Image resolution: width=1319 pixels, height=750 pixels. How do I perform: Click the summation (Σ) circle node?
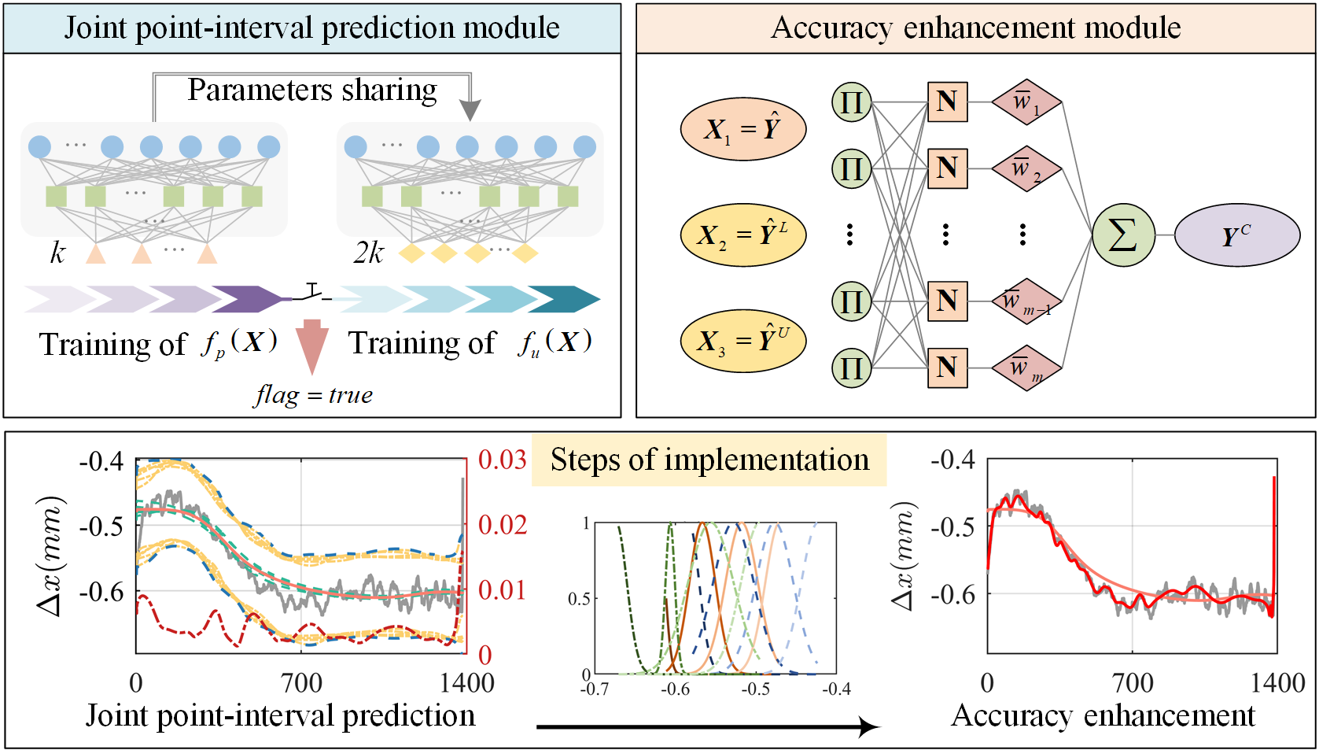1122,235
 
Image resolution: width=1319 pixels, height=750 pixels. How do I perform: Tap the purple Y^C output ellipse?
1236,235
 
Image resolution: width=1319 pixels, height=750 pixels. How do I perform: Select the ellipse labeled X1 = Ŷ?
742,129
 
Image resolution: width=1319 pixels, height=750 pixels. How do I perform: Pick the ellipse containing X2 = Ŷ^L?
742,235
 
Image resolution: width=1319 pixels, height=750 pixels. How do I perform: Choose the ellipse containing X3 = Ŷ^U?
742,341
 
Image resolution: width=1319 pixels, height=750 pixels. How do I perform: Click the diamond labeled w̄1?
1026,102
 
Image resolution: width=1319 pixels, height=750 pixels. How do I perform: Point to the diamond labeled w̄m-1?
1026,301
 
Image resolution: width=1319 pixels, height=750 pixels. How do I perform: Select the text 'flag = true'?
313,394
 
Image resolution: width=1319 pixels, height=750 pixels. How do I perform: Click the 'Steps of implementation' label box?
709,460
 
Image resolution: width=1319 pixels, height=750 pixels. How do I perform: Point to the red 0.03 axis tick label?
502,460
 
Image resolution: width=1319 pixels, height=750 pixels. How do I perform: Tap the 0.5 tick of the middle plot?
579,599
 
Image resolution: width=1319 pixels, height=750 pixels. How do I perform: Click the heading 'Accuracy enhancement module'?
975,28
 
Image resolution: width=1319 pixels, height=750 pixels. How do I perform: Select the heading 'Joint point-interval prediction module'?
311,28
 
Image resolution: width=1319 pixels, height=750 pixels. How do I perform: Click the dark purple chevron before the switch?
245,299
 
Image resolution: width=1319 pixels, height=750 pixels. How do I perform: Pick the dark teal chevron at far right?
563,299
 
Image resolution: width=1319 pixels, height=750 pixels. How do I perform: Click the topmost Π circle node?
851,102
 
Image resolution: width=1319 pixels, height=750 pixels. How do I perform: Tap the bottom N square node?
947,368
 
